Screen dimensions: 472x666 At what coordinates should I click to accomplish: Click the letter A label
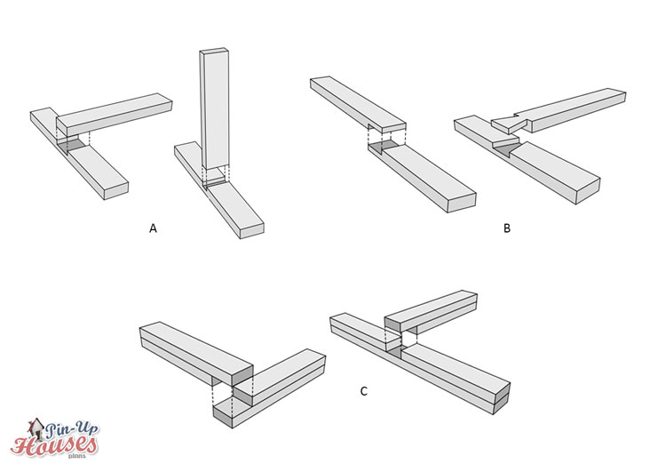tap(153, 228)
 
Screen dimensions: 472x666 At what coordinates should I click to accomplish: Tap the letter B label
tap(506, 228)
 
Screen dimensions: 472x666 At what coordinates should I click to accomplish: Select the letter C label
tap(363, 390)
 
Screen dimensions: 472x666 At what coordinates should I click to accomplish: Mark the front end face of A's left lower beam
tap(118, 190)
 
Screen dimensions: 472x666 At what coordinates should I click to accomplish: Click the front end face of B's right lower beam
tap(588, 185)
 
